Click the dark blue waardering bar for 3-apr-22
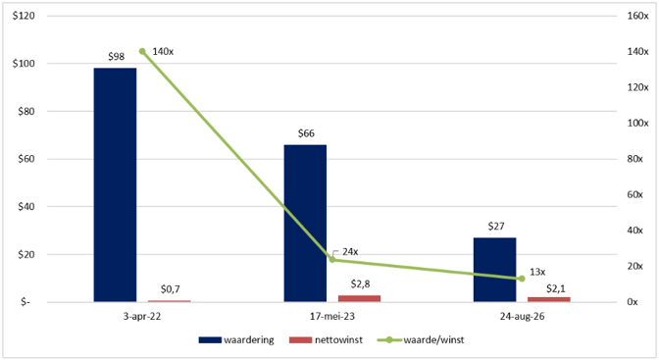point(115,184)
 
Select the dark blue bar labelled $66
point(305,224)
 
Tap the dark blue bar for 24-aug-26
point(494,270)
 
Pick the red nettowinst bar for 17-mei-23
point(359,298)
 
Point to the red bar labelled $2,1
point(549,299)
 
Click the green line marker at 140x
point(142,51)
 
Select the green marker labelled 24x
point(332,260)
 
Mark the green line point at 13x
point(522,279)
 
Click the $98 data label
point(116,57)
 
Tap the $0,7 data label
point(171,289)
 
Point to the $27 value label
point(496,227)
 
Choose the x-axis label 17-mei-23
point(332,316)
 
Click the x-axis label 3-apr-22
point(142,316)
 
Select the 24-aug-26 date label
point(522,316)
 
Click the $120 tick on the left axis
point(24,16)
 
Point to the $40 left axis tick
point(26,207)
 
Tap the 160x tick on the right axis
point(637,16)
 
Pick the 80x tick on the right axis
point(634,159)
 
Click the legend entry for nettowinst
point(326,339)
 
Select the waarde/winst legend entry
point(421,339)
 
